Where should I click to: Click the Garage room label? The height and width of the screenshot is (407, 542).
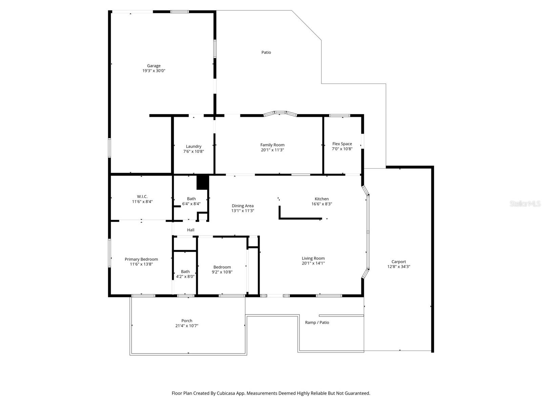[153, 66]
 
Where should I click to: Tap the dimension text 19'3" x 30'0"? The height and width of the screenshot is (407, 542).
[154, 71]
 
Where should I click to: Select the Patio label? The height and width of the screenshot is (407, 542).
[266, 52]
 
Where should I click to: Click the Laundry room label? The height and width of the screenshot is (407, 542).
[193, 147]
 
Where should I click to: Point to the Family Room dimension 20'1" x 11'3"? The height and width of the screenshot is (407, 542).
[272, 150]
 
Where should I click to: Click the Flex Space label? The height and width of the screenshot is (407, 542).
[342, 144]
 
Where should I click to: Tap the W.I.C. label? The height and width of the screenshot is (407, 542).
[142, 196]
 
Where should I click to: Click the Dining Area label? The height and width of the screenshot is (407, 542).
[243, 206]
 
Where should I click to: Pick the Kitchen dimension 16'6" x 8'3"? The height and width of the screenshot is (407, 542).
[321, 204]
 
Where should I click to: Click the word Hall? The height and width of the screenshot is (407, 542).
[191, 230]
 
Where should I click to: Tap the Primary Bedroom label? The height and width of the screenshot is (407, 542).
[141, 259]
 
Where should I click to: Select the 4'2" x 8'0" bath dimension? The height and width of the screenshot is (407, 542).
[185, 276]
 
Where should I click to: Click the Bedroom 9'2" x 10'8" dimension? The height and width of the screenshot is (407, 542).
[222, 272]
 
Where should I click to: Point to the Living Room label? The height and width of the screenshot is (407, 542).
[313, 258]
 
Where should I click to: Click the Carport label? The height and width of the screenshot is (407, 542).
[398, 261]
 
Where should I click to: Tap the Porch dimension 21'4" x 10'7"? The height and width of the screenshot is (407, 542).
[187, 326]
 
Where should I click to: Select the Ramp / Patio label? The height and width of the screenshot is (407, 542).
[317, 323]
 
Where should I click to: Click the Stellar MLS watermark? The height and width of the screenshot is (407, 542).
[525, 203]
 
